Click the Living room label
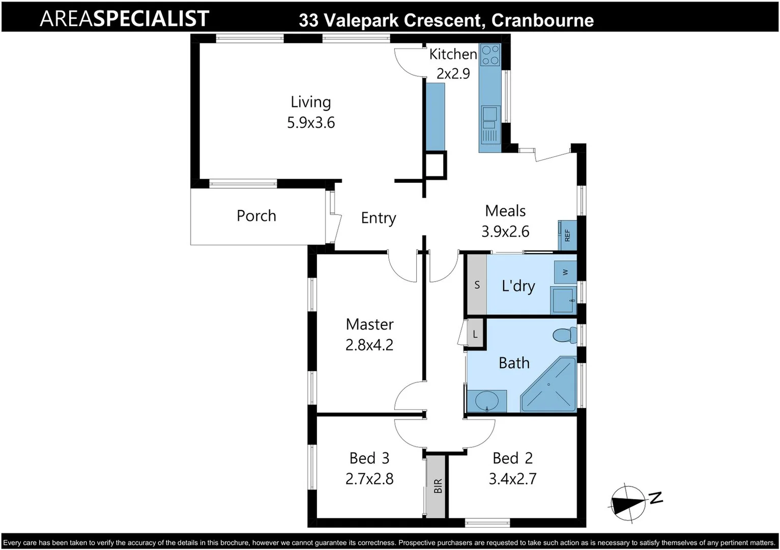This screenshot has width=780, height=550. pos(310,102)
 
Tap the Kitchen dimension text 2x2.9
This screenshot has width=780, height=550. pos(453,74)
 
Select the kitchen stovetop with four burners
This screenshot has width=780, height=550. pos(490,55)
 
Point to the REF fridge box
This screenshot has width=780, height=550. pos(567,235)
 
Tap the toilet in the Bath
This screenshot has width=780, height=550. pos(564,335)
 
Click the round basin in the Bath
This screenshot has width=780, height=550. pos(486,401)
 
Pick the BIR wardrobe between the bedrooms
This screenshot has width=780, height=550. pos(436,486)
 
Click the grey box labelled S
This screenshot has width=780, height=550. pos(477,285)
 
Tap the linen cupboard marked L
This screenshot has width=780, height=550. pos(475,334)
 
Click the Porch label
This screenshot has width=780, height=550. pos(256,216)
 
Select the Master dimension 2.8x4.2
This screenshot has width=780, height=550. pos(369,345)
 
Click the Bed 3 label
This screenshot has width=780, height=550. pos(369,458)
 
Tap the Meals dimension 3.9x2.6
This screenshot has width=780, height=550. pos(505,232)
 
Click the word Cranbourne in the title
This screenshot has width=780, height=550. pos(542,20)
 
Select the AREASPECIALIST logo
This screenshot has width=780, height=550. pos(124,19)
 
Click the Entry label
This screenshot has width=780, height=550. pos(378,218)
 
